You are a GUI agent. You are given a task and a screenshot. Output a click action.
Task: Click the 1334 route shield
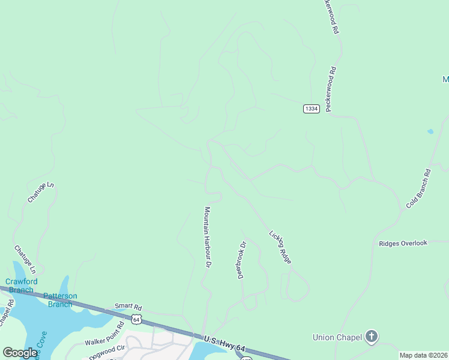pyautogui.click(x=311, y=109)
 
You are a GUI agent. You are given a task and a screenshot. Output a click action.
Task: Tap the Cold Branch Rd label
pyautogui.click(x=418, y=188)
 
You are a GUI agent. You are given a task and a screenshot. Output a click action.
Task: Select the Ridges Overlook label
pyautogui.click(x=403, y=243)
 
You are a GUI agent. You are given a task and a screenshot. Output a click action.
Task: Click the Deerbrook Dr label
pyautogui.click(x=242, y=260)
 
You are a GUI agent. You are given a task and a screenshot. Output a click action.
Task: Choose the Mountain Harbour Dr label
pyautogui.click(x=207, y=237)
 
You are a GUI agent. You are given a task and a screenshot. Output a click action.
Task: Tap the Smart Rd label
pyautogui.click(x=129, y=305)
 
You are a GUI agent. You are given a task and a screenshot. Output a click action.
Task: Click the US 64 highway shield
pyautogui.click(x=137, y=319)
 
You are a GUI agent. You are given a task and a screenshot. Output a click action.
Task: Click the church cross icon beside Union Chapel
pyautogui.click(x=372, y=337)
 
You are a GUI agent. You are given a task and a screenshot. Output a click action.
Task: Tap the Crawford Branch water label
pyautogui.click(x=20, y=286)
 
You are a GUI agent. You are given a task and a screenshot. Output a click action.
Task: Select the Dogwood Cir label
pyautogui.click(x=106, y=352)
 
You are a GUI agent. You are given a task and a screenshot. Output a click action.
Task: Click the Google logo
pyautogui.click(x=20, y=353)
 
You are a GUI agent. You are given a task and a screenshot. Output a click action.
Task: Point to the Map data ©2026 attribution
pyautogui.click(x=423, y=355)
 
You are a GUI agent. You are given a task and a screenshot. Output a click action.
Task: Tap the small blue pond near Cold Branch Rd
pyautogui.click(x=430, y=131)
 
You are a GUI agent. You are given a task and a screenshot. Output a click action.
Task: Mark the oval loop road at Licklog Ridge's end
pyautogui.click(x=298, y=286)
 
